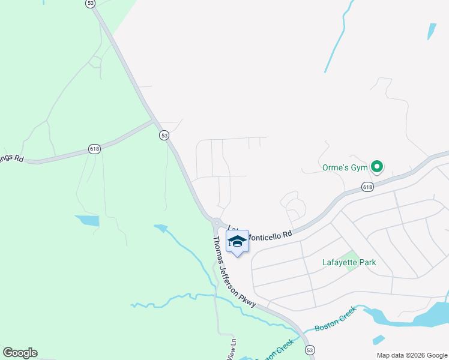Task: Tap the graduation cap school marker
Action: [x=237, y=241]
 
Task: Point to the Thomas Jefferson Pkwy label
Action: [x=235, y=272]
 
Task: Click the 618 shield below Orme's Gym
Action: [x=368, y=188]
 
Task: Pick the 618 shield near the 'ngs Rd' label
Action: [x=94, y=149]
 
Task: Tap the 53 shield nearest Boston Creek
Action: [x=309, y=349]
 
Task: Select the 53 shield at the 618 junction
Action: [x=164, y=136]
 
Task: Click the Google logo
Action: [x=20, y=353]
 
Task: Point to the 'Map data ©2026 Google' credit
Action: [x=412, y=355]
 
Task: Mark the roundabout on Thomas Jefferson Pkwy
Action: [x=215, y=223]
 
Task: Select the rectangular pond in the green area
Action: [x=86, y=220]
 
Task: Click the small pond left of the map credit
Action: [x=378, y=340]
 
